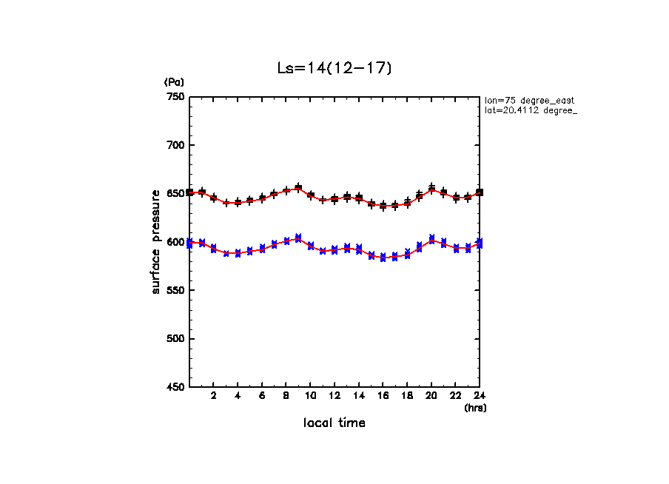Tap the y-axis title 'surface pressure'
156,241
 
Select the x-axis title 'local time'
334,423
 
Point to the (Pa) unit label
174,82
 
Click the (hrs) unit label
475,407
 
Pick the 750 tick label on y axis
175,97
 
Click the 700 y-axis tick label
175,145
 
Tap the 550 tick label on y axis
175,290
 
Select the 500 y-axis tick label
175,339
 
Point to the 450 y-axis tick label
175,387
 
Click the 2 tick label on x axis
213,396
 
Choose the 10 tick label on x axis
310,396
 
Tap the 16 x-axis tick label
383,396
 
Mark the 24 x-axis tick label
479,396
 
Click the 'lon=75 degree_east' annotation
530,100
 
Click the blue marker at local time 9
298,238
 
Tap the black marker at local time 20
431,188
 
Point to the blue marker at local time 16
383,258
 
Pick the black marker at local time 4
238,202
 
